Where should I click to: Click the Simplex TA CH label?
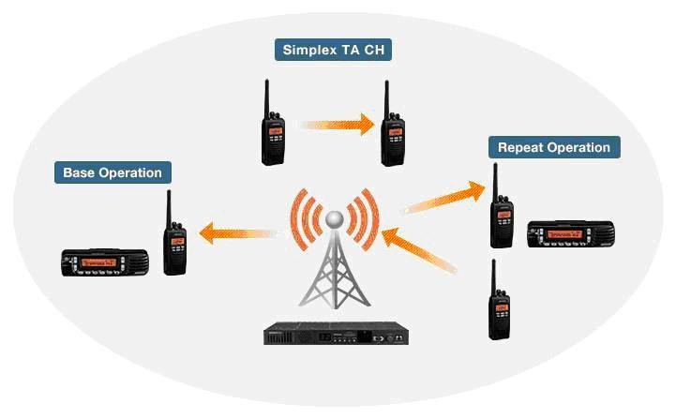[333, 50]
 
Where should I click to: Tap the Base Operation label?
[113, 172]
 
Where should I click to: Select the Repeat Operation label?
[553, 147]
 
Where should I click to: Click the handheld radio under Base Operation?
[175, 237]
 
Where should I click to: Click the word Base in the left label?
[79, 172]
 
